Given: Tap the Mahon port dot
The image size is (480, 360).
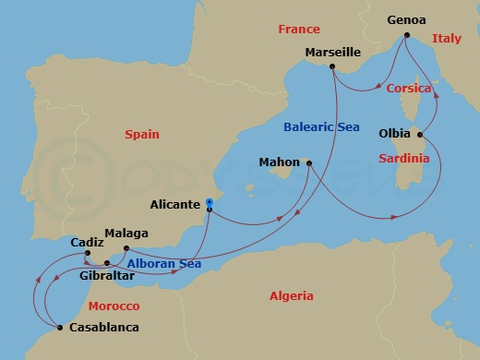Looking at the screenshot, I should (308, 163).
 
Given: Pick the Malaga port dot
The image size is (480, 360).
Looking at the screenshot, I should (124, 246).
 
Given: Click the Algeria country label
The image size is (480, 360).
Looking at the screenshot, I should (290, 296).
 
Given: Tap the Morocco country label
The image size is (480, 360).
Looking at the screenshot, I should (113, 306).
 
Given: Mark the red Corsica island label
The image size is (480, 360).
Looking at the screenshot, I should (408, 88).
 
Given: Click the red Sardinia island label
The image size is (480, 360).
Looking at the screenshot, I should (404, 159).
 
